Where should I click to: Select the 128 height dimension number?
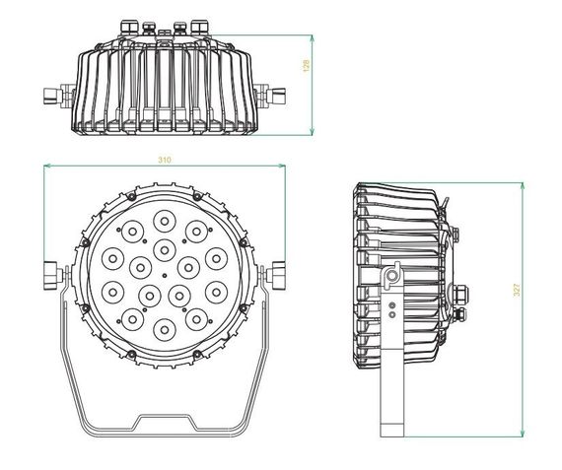pyautogui.click(x=308, y=66)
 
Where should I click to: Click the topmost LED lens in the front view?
pyautogui.click(x=164, y=222)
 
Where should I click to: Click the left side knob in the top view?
pyautogui.click(x=51, y=98)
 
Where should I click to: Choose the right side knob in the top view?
pyautogui.click(x=276, y=98)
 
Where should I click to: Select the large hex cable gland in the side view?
pyautogui.click(x=460, y=293)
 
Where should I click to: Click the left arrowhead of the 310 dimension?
pyautogui.click(x=47, y=168)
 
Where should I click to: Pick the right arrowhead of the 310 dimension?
pyautogui.click(x=282, y=168)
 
